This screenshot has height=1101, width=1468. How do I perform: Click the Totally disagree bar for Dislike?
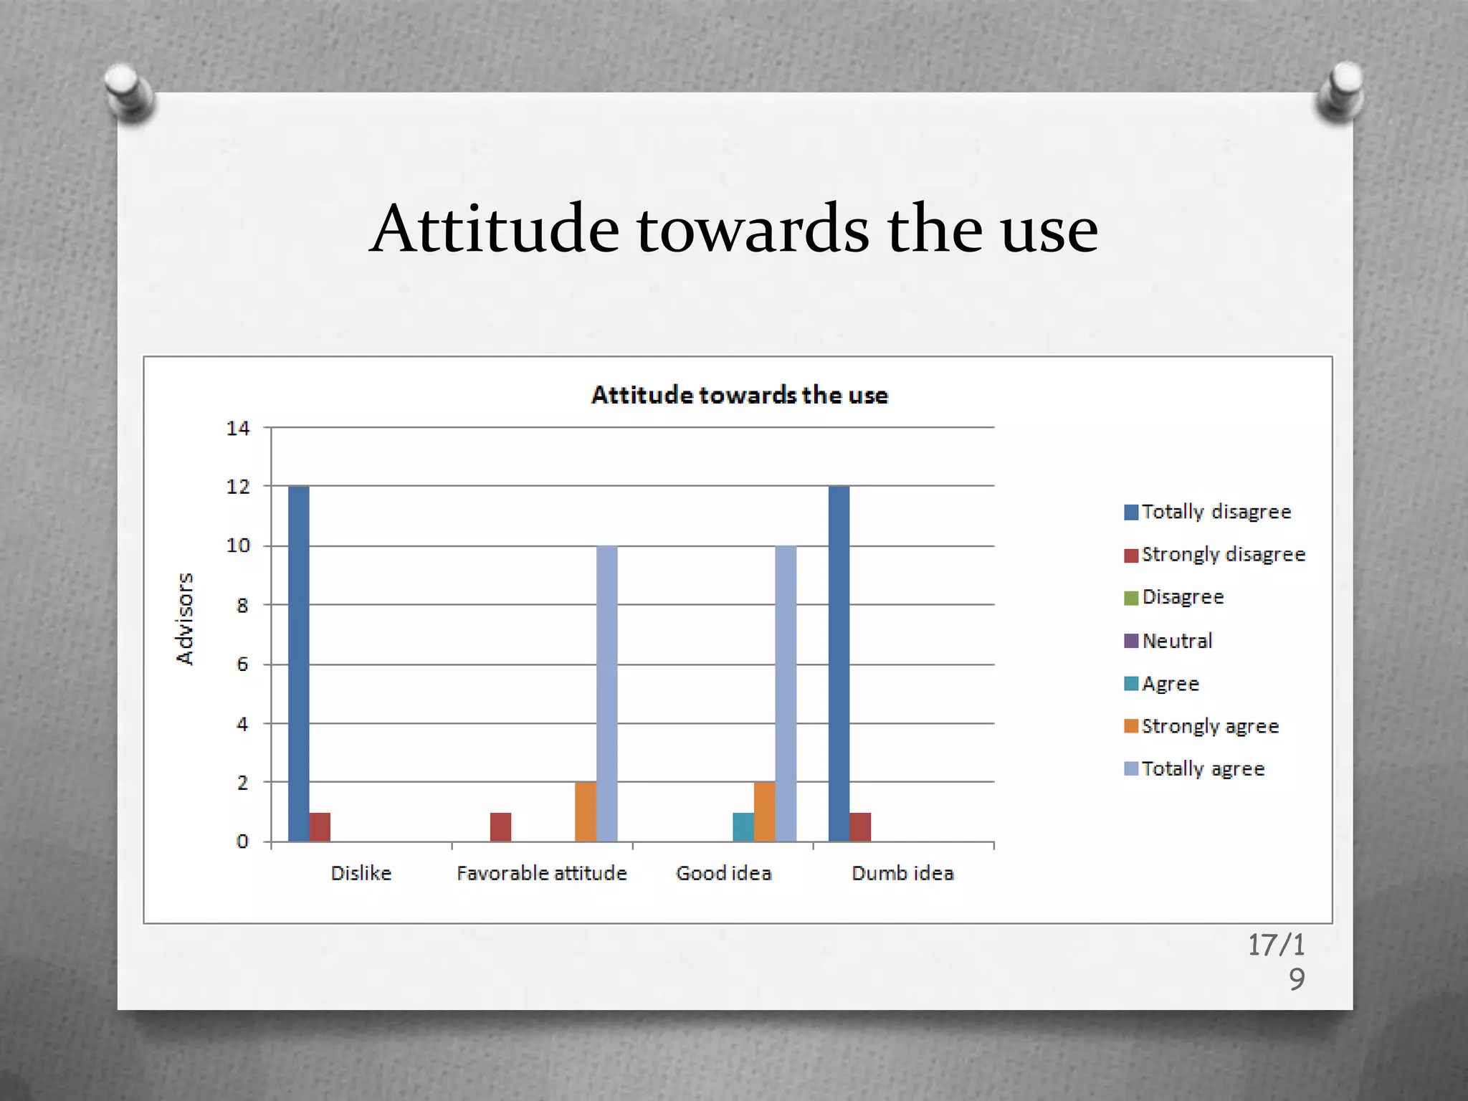click(298, 663)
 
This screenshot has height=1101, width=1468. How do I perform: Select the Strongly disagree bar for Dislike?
click(320, 826)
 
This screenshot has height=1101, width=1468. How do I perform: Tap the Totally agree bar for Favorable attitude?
click(606, 693)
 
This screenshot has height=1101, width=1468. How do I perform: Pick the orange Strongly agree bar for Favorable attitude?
click(585, 811)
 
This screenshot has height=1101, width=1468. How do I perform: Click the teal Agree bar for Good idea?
click(743, 826)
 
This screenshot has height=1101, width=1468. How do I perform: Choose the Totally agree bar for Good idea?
click(786, 693)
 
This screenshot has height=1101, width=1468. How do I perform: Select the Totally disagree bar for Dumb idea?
click(839, 663)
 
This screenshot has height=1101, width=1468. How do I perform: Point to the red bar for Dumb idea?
click(860, 826)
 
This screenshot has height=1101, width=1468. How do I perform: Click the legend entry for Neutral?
click(1176, 641)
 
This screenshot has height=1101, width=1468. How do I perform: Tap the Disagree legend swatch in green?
click(1131, 598)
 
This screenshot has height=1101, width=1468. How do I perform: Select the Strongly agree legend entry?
click(1209, 726)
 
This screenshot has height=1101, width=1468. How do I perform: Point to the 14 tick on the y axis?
click(238, 428)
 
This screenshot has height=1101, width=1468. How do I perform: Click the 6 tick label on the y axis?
click(242, 664)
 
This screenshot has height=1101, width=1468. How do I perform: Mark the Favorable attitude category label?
click(541, 873)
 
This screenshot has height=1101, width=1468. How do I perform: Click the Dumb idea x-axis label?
click(902, 873)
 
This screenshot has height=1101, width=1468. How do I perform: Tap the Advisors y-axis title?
click(185, 619)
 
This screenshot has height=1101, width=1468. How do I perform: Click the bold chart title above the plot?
click(739, 395)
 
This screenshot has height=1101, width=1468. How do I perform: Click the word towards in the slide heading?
click(753, 229)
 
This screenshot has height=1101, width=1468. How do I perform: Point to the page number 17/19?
click(1277, 961)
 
